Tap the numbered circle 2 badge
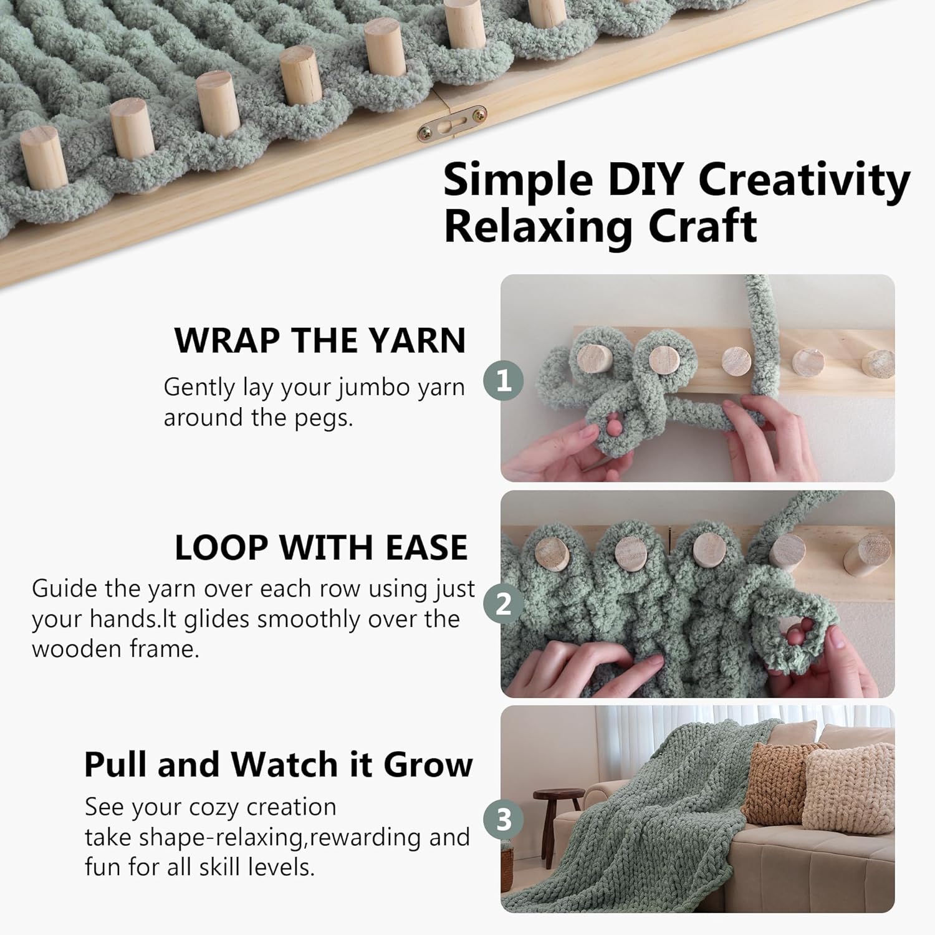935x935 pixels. click(x=504, y=603)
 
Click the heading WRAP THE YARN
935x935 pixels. click(x=320, y=340)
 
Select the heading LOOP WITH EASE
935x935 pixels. click(x=321, y=548)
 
